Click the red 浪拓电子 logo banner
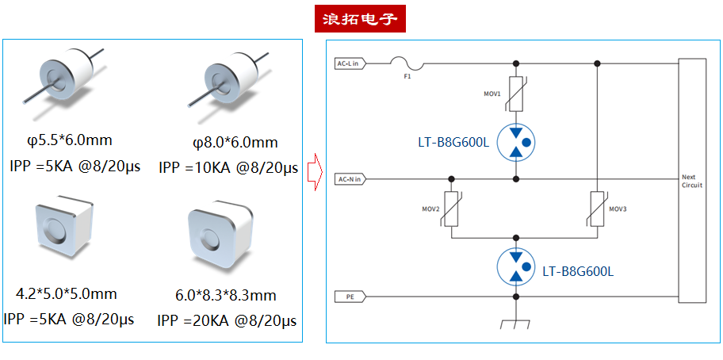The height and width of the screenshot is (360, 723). [x=360, y=18]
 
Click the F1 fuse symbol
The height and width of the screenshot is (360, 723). [x=407, y=63]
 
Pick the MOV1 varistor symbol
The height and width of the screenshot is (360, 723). [x=516, y=94]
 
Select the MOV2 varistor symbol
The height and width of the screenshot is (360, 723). [x=451, y=209]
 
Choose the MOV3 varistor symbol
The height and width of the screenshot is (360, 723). [x=595, y=209]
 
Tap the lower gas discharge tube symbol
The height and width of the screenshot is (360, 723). [x=516, y=266]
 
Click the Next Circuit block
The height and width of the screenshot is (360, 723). [x=692, y=181]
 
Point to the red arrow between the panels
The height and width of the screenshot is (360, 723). [x=313, y=172]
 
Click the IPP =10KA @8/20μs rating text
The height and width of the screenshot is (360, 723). [x=228, y=167]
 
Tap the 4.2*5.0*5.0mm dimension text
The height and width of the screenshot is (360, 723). [x=67, y=293]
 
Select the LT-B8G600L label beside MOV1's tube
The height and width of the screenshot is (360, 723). [x=453, y=144]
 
